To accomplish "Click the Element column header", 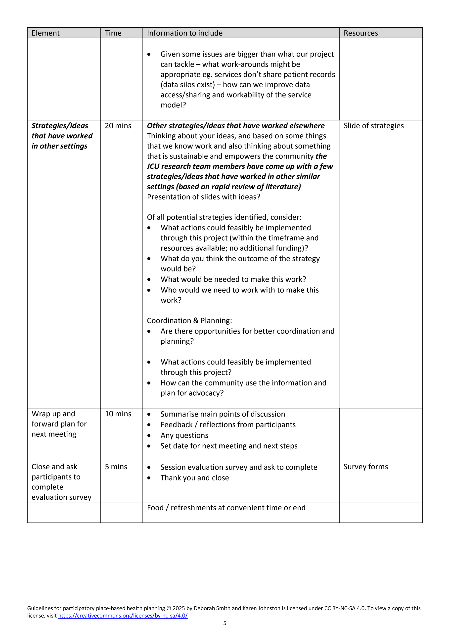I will [45, 33].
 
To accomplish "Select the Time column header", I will [113, 33].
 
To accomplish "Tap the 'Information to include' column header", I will [185, 33].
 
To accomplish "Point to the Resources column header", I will [361, 33].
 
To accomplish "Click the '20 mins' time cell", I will [118, 126].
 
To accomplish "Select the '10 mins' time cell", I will [118, 414].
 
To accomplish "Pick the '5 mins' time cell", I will [116, 467].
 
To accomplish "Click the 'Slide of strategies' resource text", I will [373, 126].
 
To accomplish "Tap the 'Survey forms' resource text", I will [366, 467].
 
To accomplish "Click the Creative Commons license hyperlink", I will [123, 615].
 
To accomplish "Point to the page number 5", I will [225, 623].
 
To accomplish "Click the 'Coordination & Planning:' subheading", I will [189, 320].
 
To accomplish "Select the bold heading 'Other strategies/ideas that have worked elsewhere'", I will [236, 126].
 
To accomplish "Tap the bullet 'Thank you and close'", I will [195, 478].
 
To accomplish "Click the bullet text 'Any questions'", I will [184, 435].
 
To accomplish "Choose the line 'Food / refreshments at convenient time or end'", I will [226, 508].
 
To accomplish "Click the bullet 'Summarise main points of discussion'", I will [223, 414].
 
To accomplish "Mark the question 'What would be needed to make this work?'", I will [233, 279].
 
